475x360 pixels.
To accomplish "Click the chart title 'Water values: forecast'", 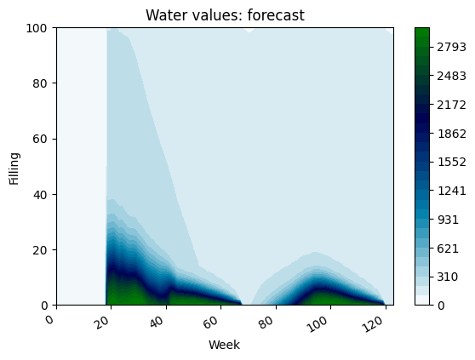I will point(226,15).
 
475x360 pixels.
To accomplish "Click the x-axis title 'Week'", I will point(226,345).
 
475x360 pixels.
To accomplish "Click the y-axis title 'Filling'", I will point(14,166).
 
